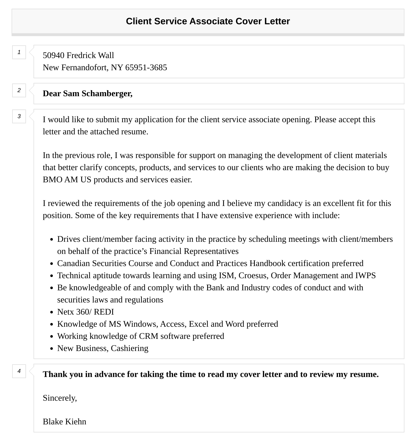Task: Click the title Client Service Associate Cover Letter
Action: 208,21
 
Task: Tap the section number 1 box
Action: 19,52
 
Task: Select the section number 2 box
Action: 19,90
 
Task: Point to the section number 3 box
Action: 19,116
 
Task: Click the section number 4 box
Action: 19,371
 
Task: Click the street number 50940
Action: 53,55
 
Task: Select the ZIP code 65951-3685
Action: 146,68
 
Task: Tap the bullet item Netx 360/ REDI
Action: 86,312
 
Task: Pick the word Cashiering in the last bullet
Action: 129,348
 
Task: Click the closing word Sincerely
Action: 60,398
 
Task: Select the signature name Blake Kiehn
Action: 64,422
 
